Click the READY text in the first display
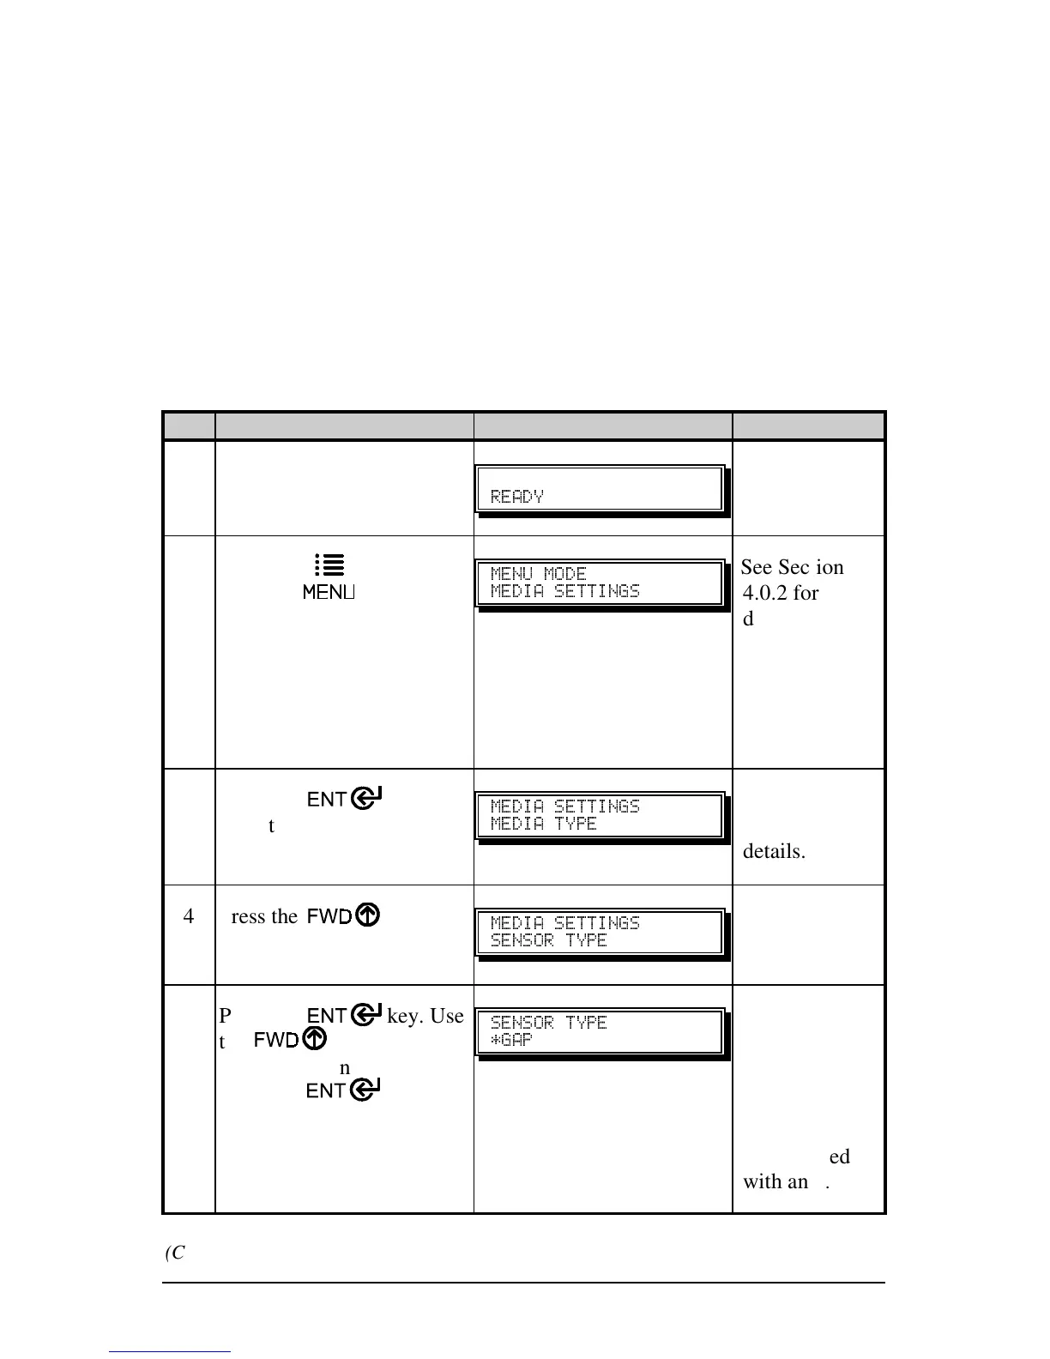click(x=517, y=497)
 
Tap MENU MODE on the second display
click(x=539, y=574)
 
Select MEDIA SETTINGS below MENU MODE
click(x=565, y=591)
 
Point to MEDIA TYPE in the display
click(x=544, y=824)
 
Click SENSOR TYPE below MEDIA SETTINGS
click(x=549, y=940)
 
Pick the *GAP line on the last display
click(x=511, y=1040)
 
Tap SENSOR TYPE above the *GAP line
click(x=549, y=1023)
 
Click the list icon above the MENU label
click(x=329, y=565)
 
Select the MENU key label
click(x=329, y=592)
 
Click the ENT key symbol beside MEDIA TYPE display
click(x=344, y=799)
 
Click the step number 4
click(x=189, y=916)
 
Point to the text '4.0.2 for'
click(x=781, y=593)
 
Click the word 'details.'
click(x=774, y=852)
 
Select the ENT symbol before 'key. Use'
click(x=344, y=1016)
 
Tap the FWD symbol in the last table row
click(x=291, y=1040)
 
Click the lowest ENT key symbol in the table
click(x=343, y=1090)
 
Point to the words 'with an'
click(x=775, y=1182)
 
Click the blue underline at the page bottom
click(x=170, y=1351)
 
